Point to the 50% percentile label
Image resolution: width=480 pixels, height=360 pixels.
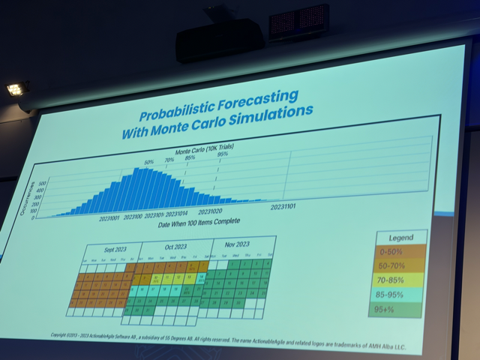(x=148, y=162)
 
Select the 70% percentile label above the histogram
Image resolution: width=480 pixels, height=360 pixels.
(x=169, y=160)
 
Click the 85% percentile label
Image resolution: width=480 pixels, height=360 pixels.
(x=190, y=158)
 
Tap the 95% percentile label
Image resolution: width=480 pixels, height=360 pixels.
(x=223, y=155)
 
